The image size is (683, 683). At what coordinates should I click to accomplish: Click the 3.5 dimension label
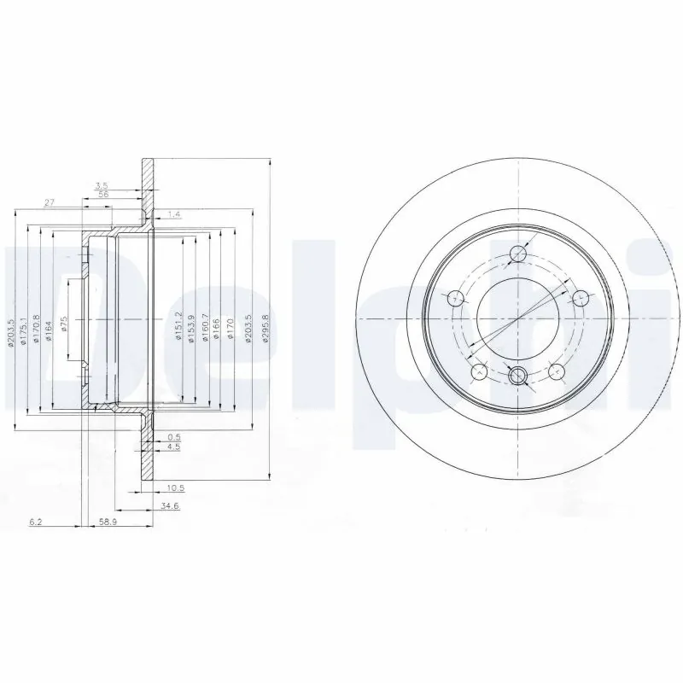102,185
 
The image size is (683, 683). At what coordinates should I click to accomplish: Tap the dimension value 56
103,194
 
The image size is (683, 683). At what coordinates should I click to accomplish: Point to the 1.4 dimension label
174,213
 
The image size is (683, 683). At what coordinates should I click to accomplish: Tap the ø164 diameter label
50,331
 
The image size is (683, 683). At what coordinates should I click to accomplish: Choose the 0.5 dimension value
173,436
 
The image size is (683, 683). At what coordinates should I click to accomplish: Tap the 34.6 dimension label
169,507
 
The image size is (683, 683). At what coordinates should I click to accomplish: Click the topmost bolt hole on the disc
518,253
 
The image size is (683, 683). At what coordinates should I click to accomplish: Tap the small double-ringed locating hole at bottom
518,376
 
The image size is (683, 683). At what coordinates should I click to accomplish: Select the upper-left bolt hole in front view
456,298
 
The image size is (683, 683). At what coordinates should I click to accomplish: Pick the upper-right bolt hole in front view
581,298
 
